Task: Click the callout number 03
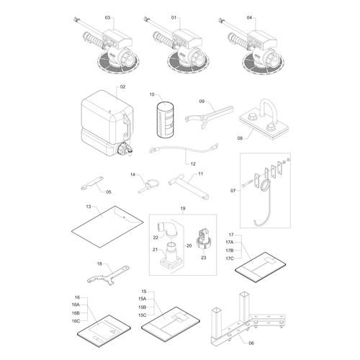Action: coord(107,17)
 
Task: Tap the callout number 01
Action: coord(174,17)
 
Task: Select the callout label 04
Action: coord(249,17)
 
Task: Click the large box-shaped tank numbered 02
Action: coord(107,122)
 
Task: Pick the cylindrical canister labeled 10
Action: coord(165,120)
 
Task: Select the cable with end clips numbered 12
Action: coord(184,149)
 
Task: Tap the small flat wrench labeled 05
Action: coord(92,183)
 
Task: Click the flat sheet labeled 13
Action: coord(107,226)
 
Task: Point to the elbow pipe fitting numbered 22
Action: coord(168,228)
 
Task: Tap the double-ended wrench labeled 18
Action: coord(109,276)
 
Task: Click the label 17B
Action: coord(230,251)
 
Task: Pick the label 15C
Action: coord(142,315)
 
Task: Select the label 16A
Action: coord(76,305)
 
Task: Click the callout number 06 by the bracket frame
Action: coord(251,343)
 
